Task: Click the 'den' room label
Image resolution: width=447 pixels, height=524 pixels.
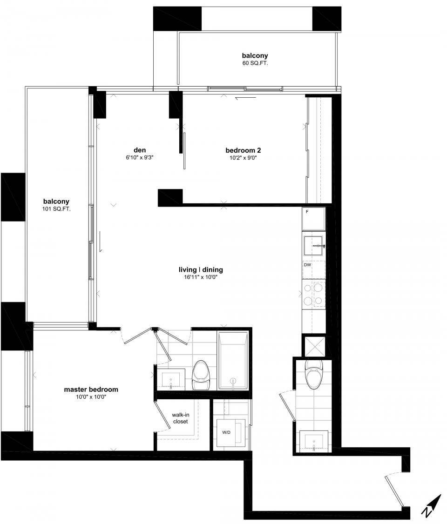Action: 140,150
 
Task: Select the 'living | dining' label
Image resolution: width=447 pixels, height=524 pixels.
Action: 201,269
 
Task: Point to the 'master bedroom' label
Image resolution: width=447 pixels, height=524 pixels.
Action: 91,390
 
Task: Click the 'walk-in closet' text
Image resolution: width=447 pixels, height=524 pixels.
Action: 180,418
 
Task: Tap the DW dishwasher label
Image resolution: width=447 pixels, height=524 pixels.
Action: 307,265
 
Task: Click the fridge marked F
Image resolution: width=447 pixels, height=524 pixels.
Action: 313,218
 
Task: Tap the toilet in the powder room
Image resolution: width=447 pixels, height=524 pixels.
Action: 313,373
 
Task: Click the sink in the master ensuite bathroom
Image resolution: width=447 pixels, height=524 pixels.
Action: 170,379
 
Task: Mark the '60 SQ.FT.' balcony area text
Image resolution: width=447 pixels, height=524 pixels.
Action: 255,62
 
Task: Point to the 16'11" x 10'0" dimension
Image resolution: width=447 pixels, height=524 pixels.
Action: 201,277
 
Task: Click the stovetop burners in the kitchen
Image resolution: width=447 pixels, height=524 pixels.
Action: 313,295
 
